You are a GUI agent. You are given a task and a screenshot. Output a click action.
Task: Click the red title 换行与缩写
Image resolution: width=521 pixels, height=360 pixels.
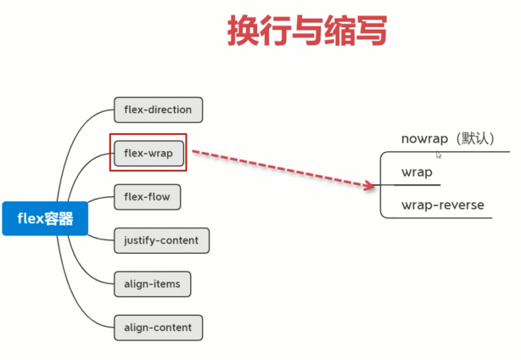[307, 31]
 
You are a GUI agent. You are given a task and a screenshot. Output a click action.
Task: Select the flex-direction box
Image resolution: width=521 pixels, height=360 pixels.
[158, 110]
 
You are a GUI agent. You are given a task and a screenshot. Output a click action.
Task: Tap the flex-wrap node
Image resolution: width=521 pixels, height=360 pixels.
[148, 153]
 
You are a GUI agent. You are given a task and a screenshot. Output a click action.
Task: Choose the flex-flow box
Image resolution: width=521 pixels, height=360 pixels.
[147, 197]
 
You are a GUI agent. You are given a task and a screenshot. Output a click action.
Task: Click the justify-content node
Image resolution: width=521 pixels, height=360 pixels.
[161, 240]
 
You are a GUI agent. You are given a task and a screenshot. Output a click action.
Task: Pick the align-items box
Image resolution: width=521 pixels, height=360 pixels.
[152, 284]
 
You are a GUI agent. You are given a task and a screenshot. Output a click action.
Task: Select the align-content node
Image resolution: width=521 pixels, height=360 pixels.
[158, 328]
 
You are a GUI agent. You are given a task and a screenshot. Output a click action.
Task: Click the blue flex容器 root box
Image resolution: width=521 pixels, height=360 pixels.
[45, 218]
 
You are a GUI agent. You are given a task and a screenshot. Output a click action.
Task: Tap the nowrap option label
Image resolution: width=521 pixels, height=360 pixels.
[424, 138]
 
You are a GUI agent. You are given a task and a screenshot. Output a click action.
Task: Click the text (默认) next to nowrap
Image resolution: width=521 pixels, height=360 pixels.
[474, 138]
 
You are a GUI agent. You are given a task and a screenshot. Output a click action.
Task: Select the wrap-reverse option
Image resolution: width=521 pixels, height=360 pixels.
[443, 205]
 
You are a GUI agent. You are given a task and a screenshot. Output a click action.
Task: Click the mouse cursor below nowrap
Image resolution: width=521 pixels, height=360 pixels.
[438, 155]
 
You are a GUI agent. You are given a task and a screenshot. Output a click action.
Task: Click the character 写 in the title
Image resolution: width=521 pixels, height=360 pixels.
[372, 31]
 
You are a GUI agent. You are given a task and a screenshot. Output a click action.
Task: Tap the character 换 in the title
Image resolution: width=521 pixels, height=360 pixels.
[244, 31]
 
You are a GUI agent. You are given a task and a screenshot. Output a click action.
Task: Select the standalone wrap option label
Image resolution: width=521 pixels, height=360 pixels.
[417, 172]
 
